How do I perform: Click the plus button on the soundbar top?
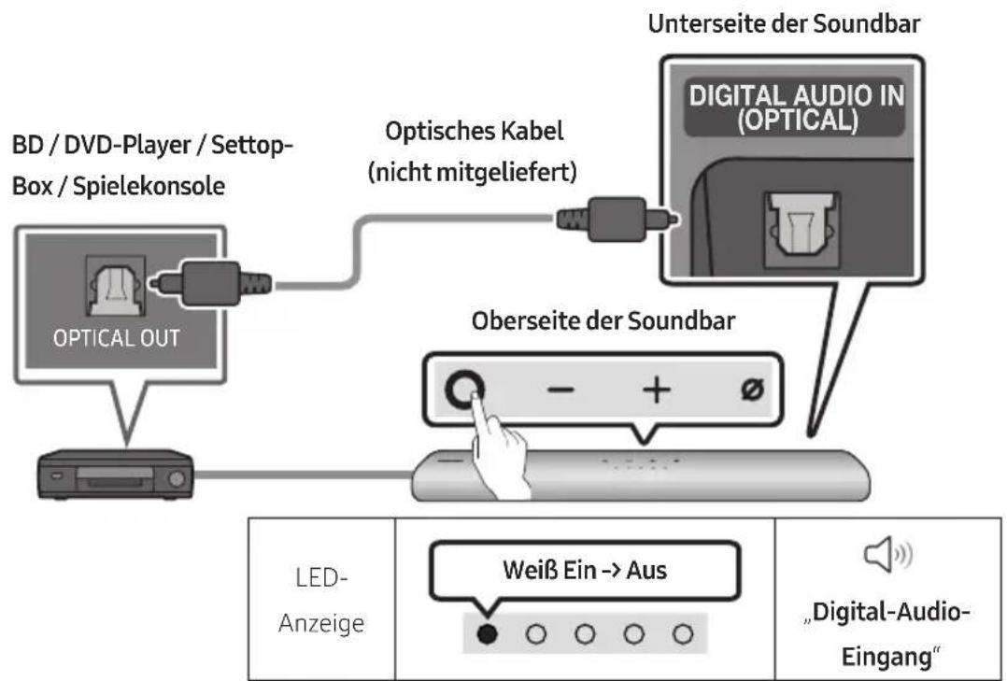pyautogui.click(x=654, y=391)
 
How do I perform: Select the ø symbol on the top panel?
pyautogui.click(x=750, y=392)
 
